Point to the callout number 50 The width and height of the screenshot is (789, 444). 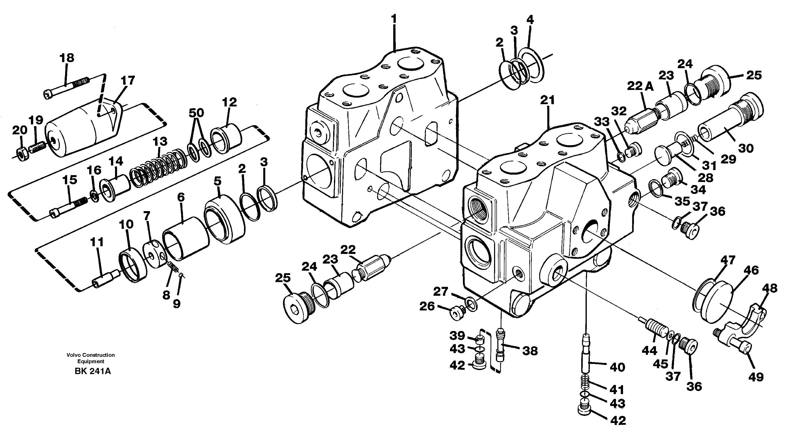(196, 113)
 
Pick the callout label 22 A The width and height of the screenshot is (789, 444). (640, 87)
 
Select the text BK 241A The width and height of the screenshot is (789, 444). (92, 371)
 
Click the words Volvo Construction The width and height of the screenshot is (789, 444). (91, 355)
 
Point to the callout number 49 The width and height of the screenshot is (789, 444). (756, 377)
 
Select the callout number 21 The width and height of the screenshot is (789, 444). (547, 100)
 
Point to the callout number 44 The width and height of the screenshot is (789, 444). (650, 350)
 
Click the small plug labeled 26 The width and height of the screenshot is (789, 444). (456, 313)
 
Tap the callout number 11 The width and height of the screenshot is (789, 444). (97, 242)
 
